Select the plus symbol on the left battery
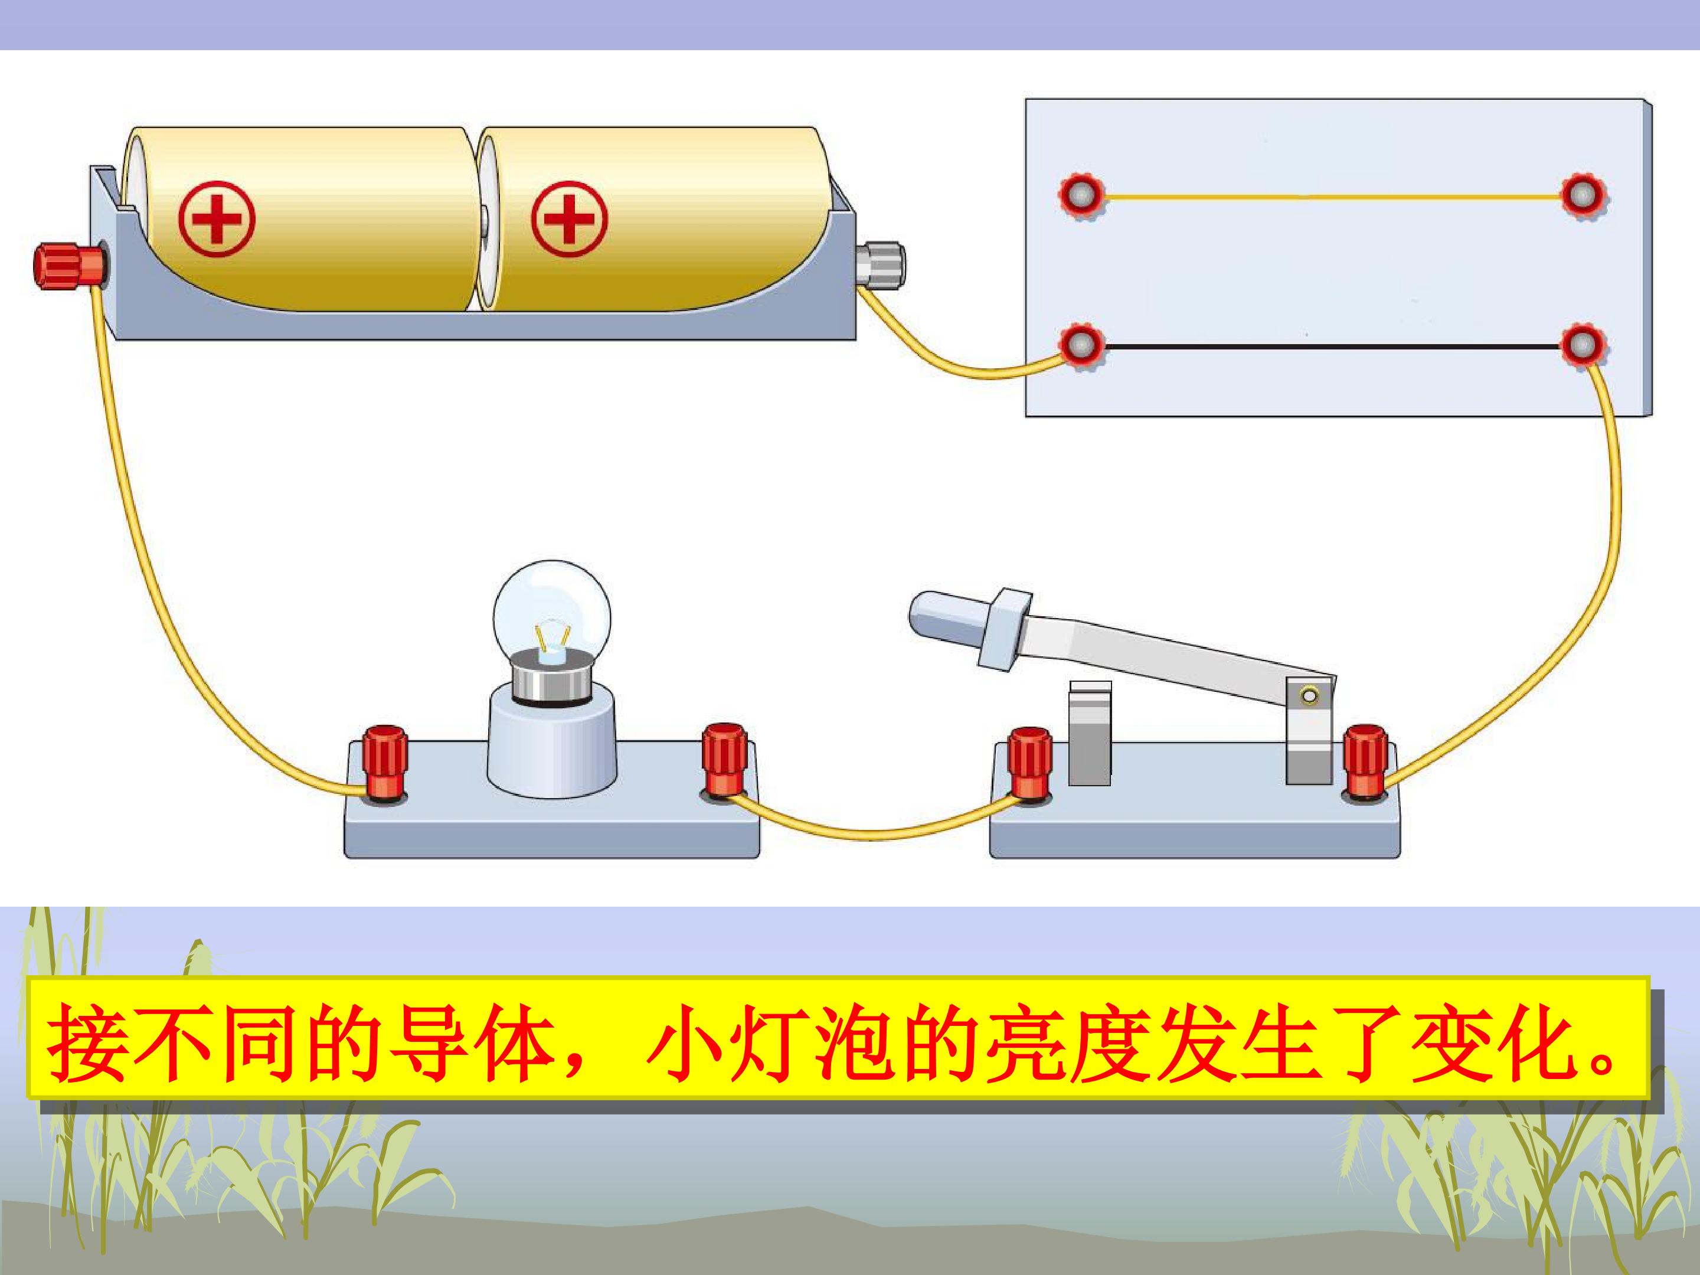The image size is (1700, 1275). point(216,219)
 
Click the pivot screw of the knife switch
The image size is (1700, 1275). point(1310,697)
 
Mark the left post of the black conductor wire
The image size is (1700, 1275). point(1082,347)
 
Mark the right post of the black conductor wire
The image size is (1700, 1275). point(1584,347)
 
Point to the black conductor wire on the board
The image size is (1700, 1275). point(1333,347)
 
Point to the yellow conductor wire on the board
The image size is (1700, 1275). point(1333,198)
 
